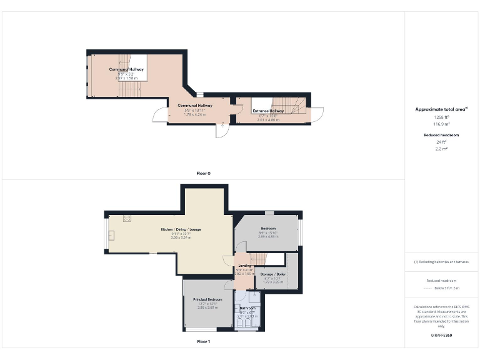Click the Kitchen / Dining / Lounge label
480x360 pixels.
[181, 230]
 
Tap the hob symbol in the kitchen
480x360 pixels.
[127, 218]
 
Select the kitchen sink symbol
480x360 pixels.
[112, 235]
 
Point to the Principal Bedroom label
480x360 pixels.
[207, 300]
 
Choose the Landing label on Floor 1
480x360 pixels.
[244, 266]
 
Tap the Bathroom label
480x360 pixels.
[248, 308]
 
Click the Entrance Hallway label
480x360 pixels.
[268, 111]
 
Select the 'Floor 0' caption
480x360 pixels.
[203, 172]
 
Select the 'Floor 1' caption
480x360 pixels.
[203, 342]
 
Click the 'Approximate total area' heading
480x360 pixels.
[441, 109]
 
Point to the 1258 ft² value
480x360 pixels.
[442, 117]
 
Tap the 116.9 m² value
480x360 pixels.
[442, 124]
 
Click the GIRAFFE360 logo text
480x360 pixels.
[441, 336]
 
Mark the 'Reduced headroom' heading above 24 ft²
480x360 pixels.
[442, 135]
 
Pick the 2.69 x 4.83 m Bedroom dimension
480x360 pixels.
[268, 237]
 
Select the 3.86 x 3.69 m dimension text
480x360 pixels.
[207, 307]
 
